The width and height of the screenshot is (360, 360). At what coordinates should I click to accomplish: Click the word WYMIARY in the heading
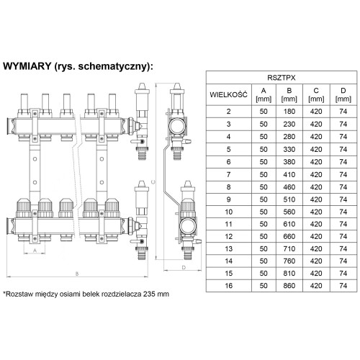click(x=27, y=66)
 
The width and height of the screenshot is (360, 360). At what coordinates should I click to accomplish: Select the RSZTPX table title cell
click(x=282, y=78)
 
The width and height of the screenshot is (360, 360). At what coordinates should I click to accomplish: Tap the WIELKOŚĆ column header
click(x=228, y=94)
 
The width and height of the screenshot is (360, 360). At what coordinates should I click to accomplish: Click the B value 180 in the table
click(x=289, y=112)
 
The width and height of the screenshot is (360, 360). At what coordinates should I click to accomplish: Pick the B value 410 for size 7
click(x=289, y=174)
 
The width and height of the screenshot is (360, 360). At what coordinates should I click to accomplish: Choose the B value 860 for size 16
click(x=289, y=286)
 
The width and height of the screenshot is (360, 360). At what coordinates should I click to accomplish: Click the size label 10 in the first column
click(x=228, y=212)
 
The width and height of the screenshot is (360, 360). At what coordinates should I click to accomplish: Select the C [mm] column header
click(x=316, y=94)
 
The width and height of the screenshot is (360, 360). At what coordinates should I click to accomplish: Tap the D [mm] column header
click(x=343, y=94)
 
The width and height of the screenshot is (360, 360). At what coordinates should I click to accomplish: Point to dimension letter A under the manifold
click(x=35, y=251)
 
